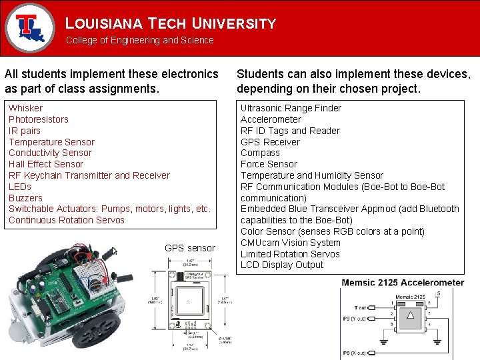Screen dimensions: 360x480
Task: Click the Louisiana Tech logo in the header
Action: [29, 27]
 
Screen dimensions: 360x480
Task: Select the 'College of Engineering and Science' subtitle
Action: [139, 40]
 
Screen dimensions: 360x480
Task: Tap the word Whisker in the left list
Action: [25, 108]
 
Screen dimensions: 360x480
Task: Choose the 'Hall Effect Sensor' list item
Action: [46, 164]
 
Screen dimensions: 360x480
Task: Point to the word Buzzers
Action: [25, 198]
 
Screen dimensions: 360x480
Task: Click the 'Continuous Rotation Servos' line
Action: [67, 220]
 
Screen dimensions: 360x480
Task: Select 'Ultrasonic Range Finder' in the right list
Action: [291, 108]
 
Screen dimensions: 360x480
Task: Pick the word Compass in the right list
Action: [260, 153]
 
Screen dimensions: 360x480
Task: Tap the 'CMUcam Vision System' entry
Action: [290, 243]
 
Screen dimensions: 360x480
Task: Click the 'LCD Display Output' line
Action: [282, 265]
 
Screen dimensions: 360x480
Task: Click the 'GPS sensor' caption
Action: [190, 248]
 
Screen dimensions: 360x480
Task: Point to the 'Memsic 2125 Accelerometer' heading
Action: [403, 283]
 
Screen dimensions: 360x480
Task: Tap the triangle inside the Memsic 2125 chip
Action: [411, 316]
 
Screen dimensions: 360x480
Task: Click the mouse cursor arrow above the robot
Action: [114, 251]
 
